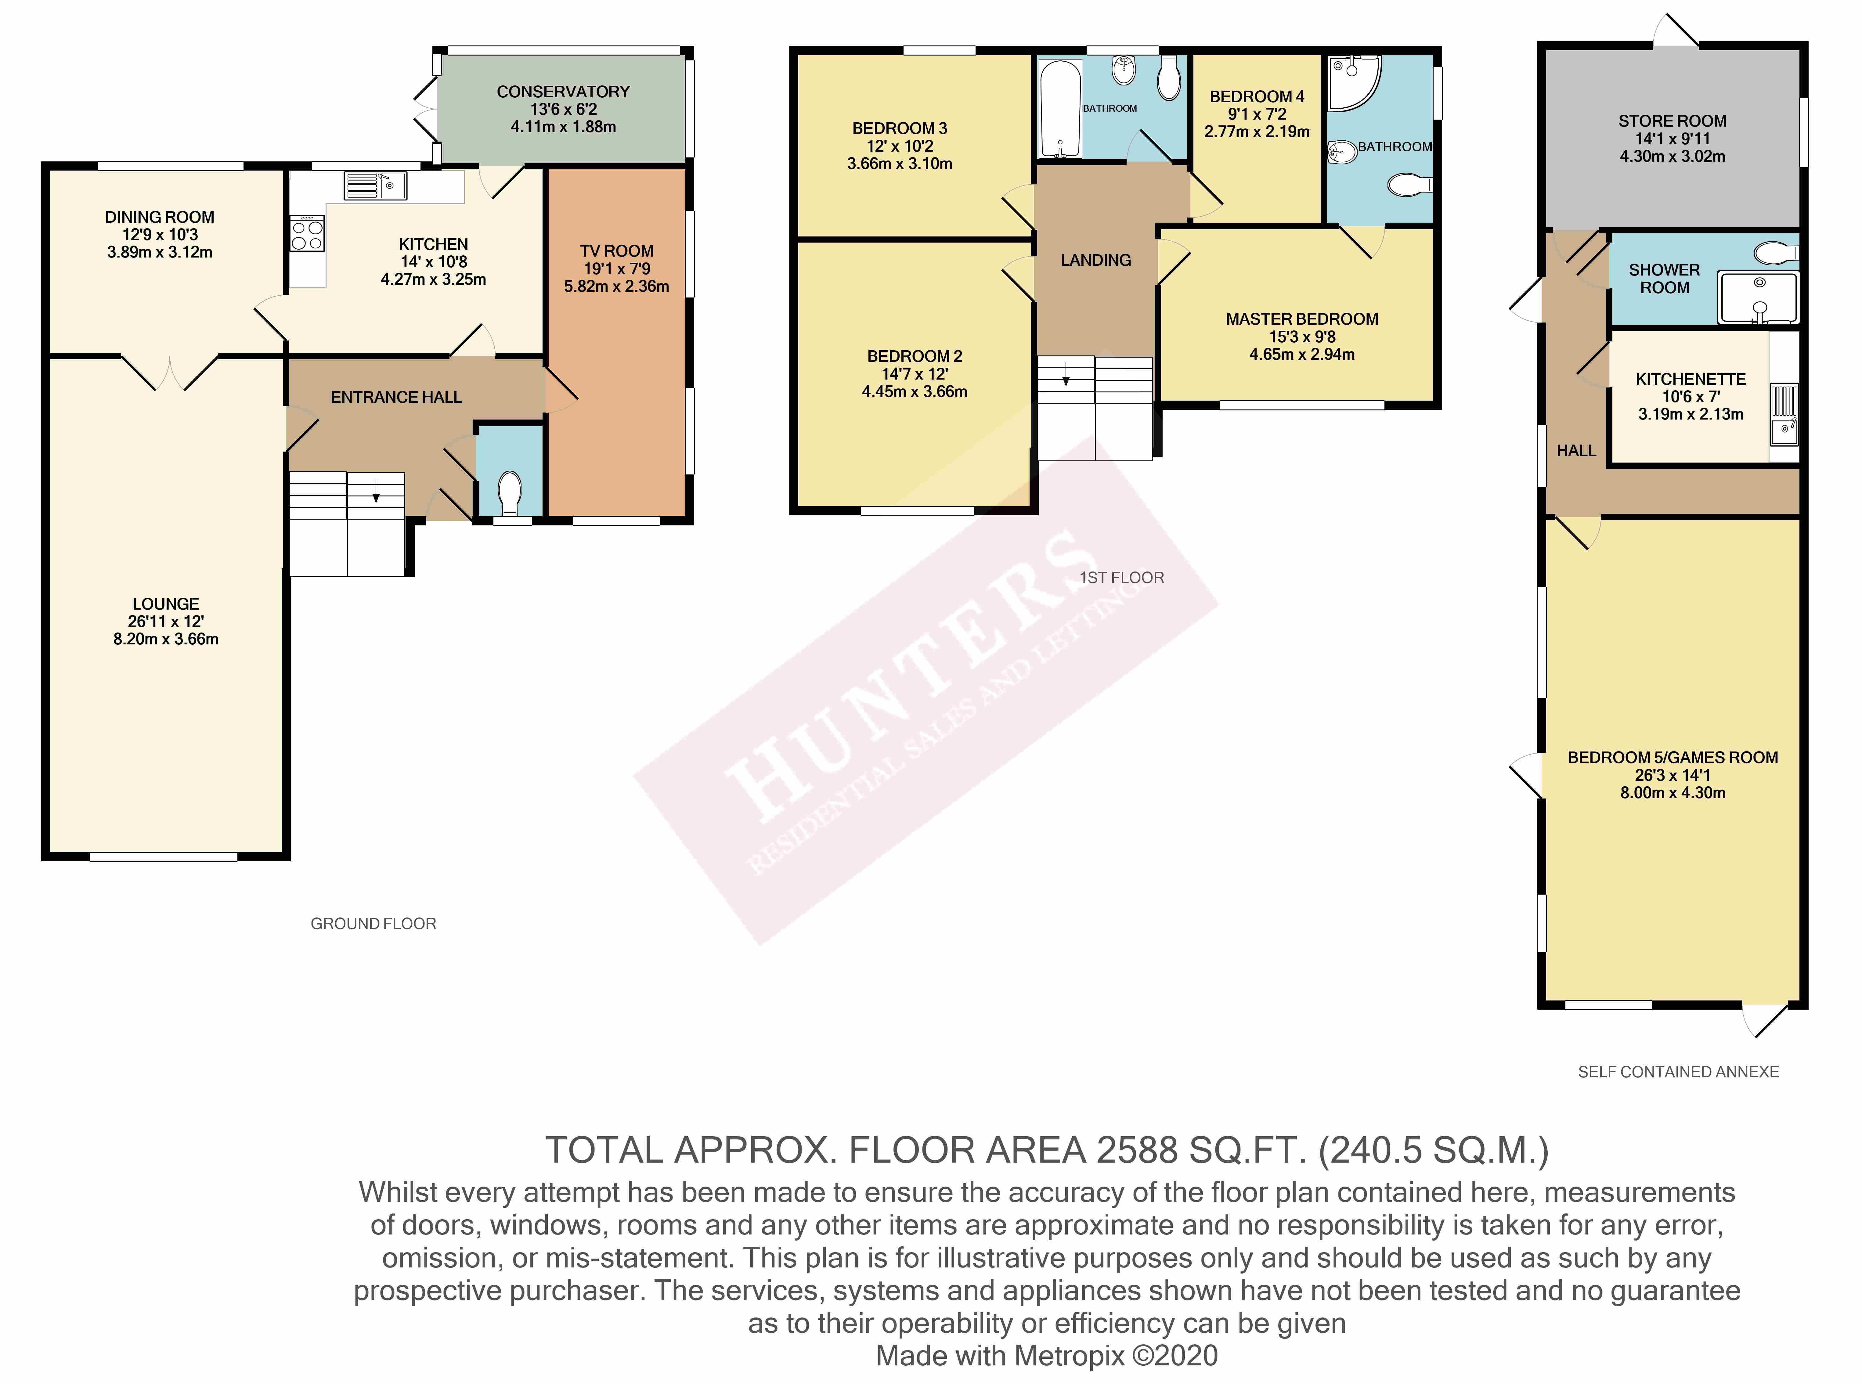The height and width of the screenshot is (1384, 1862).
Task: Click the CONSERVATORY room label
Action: click(563, 91)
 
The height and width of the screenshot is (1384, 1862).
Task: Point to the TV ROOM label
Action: click(616, 250)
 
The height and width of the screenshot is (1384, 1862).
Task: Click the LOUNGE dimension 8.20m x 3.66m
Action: click(166, 639)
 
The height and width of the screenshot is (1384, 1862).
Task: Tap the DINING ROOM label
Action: click(159, 217)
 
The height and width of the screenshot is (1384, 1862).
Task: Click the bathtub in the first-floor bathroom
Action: click(1060, 109)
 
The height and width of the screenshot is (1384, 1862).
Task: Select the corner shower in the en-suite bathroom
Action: click(1354, 84)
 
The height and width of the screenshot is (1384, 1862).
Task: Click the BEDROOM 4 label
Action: click(1256, 96)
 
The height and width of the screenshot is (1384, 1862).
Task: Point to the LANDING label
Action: click(1095, 261)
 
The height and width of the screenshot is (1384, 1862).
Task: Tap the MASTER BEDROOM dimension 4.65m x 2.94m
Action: click(1302, 354)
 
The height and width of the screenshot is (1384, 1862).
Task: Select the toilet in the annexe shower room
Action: click(1776, 253)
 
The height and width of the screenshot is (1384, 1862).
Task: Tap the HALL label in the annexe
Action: click(1575, 451)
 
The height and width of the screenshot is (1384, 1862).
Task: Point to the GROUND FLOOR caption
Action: click(373, 923)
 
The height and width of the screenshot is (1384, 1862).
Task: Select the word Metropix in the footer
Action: click(1070, 1355)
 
